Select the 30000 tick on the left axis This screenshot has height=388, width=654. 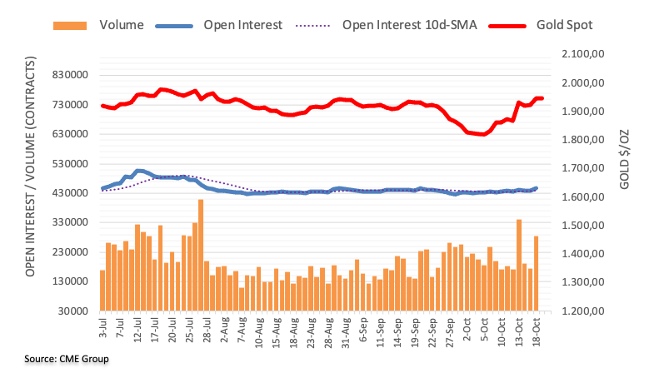pyautogui.click(x=77, y=311)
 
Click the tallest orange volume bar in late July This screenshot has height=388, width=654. pyautogui.click(x=201, y=255)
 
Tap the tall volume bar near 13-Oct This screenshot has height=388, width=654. pyautogui.click(x=519, y=265)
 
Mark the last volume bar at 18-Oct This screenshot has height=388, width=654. pyautogui.click(x=537, y=273)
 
